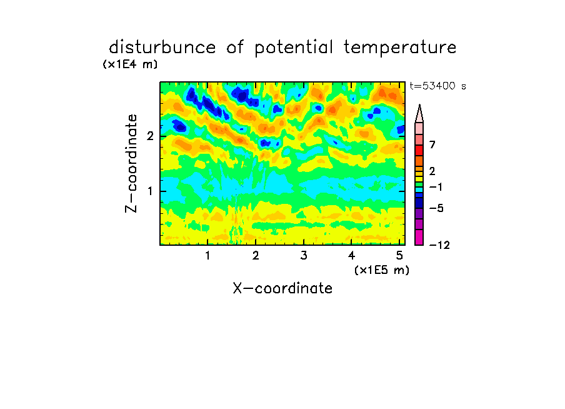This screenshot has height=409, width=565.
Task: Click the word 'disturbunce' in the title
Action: pyautogui.click(x=162, y=48)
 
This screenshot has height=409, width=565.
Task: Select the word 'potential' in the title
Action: pyautogui.click(x=294, y=48)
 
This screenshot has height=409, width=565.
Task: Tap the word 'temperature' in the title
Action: pyautogui.click(x=400, y=48)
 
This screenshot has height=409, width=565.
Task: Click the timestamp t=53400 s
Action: pyautogui.click(x=437, y=86)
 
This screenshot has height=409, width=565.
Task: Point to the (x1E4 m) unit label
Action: pyautogui.click(x=130, y=64)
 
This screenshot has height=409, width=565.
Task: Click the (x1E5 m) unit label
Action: pyautogui.click(x=382, y=270)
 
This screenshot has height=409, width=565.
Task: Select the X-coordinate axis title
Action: pyautogui.click(x=283, y=288)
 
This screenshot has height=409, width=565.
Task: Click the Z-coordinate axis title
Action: pyautogui.click(x=131, y=163)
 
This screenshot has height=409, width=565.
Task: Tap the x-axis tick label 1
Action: pyautogui.click(x=207, y=256)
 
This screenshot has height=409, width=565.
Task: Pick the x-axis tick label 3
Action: pyautogui.click(x=304, y=256)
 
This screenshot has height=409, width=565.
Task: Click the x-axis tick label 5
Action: pyautogui.click(x=399, y=256)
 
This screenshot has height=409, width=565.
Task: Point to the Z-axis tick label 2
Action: pyautogui.click(x=150, y=136)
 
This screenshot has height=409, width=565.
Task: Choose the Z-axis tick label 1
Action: pyautogui.click(x=150, y=191)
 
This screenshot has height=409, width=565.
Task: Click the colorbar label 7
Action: pyautogui.click(x=432, y=145)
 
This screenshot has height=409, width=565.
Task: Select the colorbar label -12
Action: pyautogui.click(x=439, y=245)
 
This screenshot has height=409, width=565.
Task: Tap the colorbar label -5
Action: pyautogui.click(x=436, y=208)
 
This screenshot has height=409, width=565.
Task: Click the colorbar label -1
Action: pyautogui.click(x=436, y=187)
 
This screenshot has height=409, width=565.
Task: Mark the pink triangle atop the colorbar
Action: pyautogui.click(x=419, y=113)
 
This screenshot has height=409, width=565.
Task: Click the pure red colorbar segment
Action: pyautogui.click(x=419, y=150)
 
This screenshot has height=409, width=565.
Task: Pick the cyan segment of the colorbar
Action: pyautogui.click(x=419, y=189)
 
